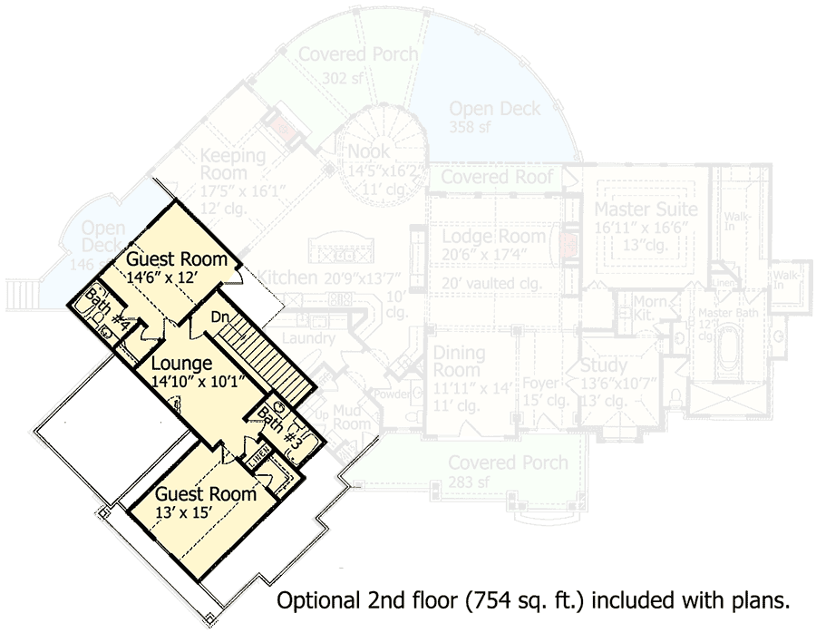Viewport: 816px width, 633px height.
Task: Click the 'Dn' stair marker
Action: [219, 317]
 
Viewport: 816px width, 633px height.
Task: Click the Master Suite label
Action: [646, 210]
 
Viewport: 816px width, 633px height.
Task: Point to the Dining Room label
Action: [459, 361]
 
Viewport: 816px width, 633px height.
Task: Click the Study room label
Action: [604, 366]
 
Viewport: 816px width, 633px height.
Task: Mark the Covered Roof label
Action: [496, 177]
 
